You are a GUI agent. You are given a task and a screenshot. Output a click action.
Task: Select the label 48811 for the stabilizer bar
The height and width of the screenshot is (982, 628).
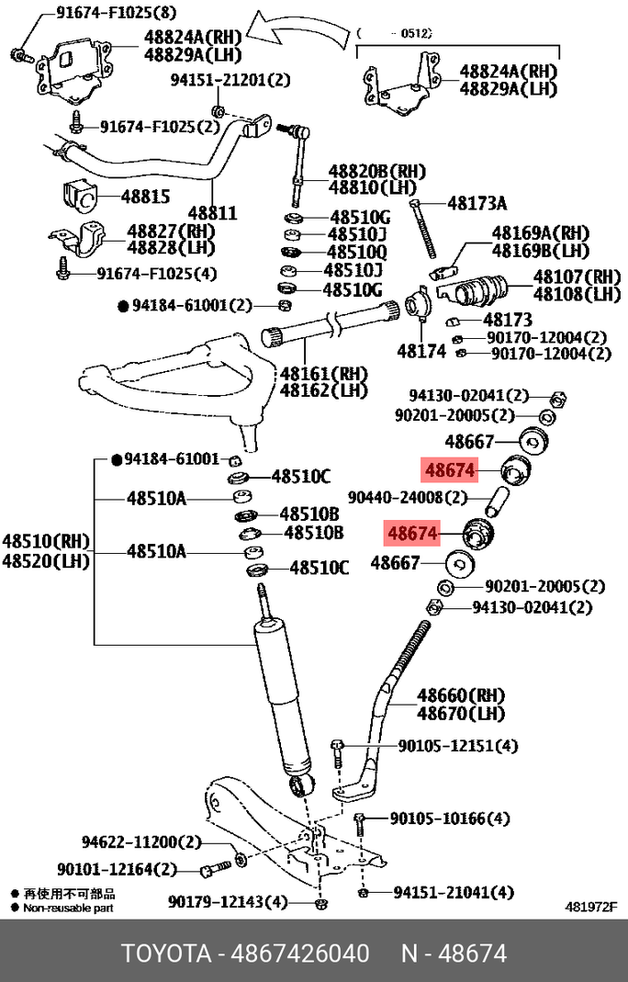(x=213, y=213)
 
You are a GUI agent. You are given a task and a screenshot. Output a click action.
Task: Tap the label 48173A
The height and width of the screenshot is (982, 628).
(x=477, y=203)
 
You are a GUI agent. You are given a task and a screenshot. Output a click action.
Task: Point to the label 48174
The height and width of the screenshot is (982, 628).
(x=421, y=351)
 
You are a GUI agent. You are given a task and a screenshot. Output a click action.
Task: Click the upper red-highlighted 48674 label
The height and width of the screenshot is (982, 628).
(x=449, y=471)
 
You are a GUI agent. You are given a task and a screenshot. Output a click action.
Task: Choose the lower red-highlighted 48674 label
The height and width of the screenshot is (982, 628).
(x=414, y=533)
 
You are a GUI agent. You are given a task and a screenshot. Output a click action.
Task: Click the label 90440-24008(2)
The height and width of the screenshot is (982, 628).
(x=417, y=498)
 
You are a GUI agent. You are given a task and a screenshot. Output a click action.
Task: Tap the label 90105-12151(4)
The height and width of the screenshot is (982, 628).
(x=444, y=745)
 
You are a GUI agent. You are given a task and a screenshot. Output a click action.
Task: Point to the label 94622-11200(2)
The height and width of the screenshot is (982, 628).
(x=140, y=841)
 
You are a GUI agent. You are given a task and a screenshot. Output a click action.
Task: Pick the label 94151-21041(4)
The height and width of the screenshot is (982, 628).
(x=454, y=892)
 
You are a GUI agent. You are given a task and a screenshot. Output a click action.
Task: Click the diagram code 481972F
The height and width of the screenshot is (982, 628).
(x=590, y=906)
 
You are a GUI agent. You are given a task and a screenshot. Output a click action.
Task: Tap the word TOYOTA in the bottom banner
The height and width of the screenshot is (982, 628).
(x=168, y=954)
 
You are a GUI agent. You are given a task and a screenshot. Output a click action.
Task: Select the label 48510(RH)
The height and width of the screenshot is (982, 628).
(x=43, y=539)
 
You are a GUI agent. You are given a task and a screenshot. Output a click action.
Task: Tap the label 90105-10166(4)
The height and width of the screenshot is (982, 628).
(x=450, y=818)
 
